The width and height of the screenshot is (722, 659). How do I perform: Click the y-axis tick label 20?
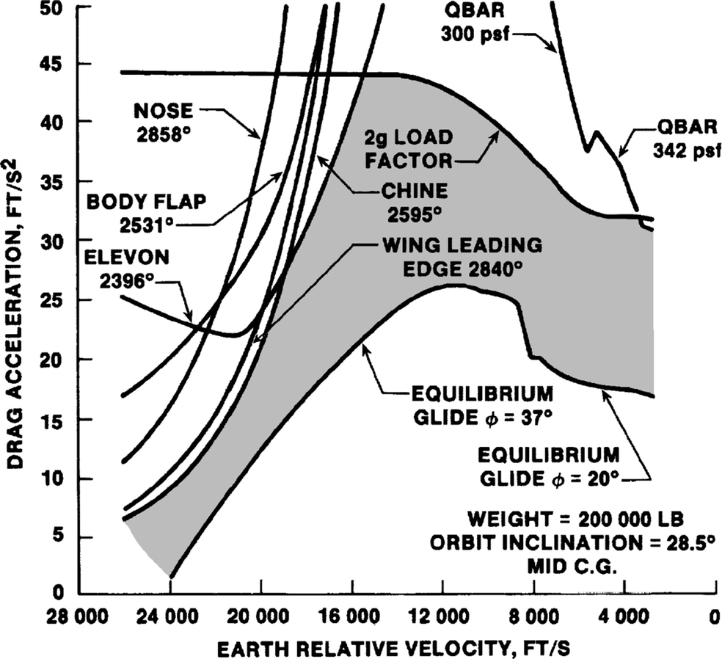point(52,360)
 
